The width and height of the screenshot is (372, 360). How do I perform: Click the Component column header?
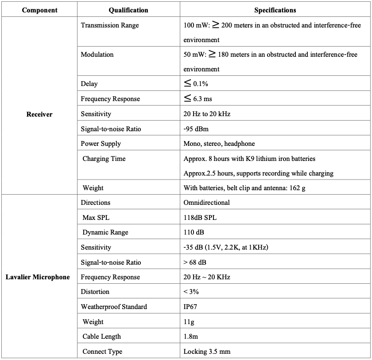click(x=39, y=10)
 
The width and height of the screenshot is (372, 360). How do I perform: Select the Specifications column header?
click(x=275, y=10)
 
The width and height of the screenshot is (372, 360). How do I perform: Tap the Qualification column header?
click(x=128, y=10)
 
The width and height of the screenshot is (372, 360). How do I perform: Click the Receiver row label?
click(x=39, y=114)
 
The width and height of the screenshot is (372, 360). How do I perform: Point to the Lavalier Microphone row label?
click(x=38, y=277)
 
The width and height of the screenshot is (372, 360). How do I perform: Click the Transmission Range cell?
click(x=109, y=25)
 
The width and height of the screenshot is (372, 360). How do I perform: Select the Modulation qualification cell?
click(x=97, y=55)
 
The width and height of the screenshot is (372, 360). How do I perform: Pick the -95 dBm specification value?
click(x=196, y=129)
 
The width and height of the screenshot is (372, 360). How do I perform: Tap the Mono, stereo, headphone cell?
click(x=219, y=144)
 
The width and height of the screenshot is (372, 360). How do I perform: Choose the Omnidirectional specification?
click(x=207, y=203)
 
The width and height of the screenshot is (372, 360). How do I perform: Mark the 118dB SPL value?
click(x=200, y=218)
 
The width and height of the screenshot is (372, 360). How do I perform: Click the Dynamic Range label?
click(x=105, y=232)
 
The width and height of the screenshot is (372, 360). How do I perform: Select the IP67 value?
click(x=191, y=307)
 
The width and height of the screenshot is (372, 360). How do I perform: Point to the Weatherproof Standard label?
click(x=114, y=307)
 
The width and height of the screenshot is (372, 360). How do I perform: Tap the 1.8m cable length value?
click(x=191, y=337)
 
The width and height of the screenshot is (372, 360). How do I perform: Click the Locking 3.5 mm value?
click(x=207, y=352)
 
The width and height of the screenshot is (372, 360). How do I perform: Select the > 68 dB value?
click(x=194, y=262)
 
